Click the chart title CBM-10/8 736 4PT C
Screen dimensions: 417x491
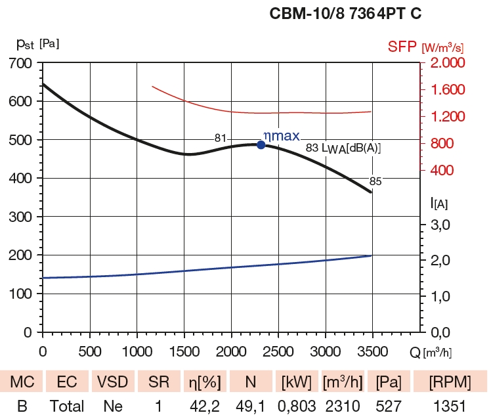click(345, 14)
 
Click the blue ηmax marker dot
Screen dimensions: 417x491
click(261, 144)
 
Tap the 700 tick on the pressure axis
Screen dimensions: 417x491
click(20, 63)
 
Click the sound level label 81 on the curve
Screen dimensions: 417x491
click(221, 138)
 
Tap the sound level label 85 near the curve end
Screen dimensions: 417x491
click(375, 181)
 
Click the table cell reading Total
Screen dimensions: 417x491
click(67, 406)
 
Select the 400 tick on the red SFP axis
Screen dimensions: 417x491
click(448, 171)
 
